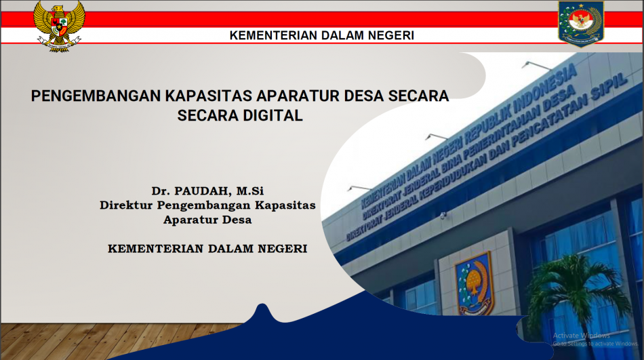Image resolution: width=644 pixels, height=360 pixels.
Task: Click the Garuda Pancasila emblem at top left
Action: tap(60, 26)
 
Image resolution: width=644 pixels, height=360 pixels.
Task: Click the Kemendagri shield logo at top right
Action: tap(581, 24)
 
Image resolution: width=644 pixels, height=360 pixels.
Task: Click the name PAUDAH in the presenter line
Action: tap(201, 191)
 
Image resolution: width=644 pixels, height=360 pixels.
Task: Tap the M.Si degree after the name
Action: tap(250, 191)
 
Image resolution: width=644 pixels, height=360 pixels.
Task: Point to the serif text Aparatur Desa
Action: tap(207, 220)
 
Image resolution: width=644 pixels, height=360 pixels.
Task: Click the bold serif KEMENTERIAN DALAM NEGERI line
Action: tap(207, 249)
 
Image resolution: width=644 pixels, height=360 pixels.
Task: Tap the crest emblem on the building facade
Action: tap(474, 283)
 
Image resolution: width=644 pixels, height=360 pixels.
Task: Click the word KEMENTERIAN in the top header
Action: tap(273, 35)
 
